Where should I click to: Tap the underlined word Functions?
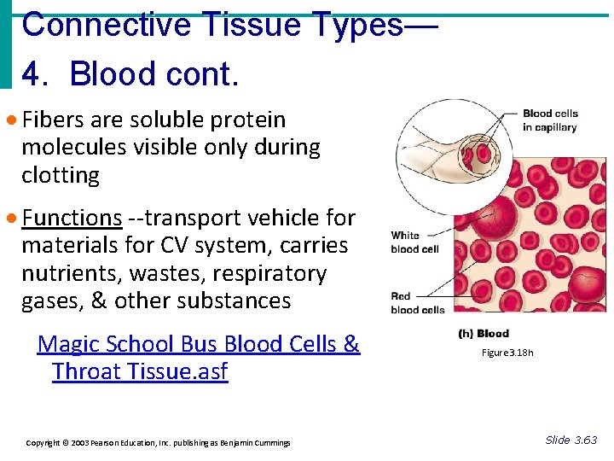click(x=72, y=218)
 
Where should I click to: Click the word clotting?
click(x=61, y=175)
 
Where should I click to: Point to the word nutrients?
click(x=65, y=273)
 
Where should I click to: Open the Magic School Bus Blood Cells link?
click(x=199, y=344)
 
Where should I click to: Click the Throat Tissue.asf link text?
click(x=140, y=371)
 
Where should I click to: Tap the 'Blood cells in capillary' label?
click(x=549, y=120)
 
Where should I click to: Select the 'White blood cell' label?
click(x=414, y=242)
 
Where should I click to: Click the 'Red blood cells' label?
click(x=417, y=303)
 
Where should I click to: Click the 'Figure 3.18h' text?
click(x=507, y=353)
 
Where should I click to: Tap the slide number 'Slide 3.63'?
click(x=571, y=440)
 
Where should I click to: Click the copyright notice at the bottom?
click(x=158, y=443)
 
